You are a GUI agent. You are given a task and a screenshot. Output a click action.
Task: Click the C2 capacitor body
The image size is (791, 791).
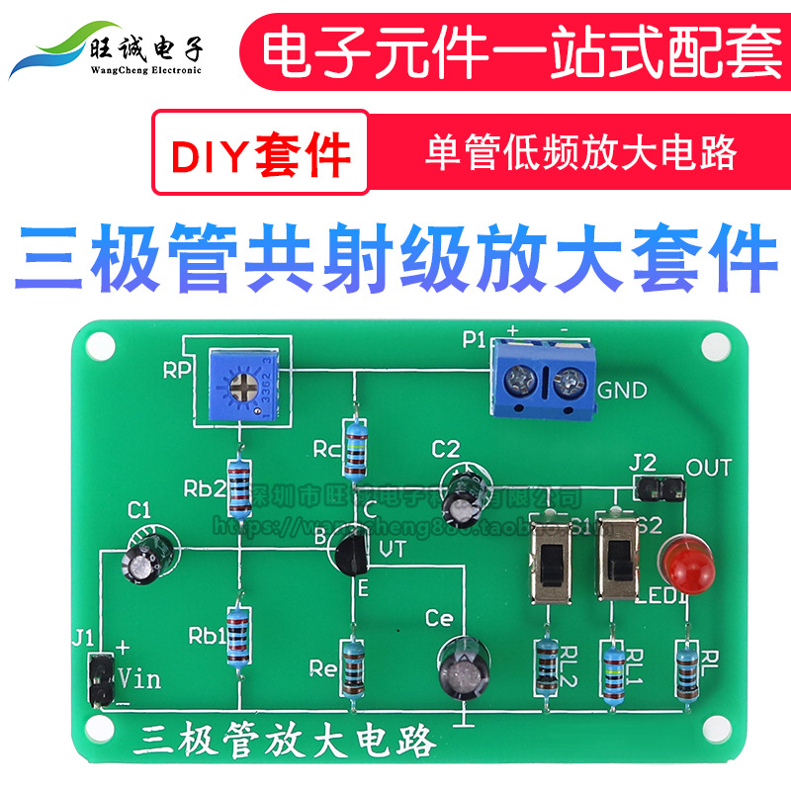coord(464,490)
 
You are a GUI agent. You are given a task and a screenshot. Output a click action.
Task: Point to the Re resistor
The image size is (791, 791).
coord(353,669)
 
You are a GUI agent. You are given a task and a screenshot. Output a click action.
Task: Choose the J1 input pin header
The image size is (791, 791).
coord(100,679)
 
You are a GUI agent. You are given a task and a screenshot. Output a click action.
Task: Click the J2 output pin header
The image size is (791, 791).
coord(657,486)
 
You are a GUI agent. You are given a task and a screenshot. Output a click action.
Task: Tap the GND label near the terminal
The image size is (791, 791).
coord(622,390)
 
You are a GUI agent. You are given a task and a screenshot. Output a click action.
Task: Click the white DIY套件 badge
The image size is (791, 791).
coord(260,153)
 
